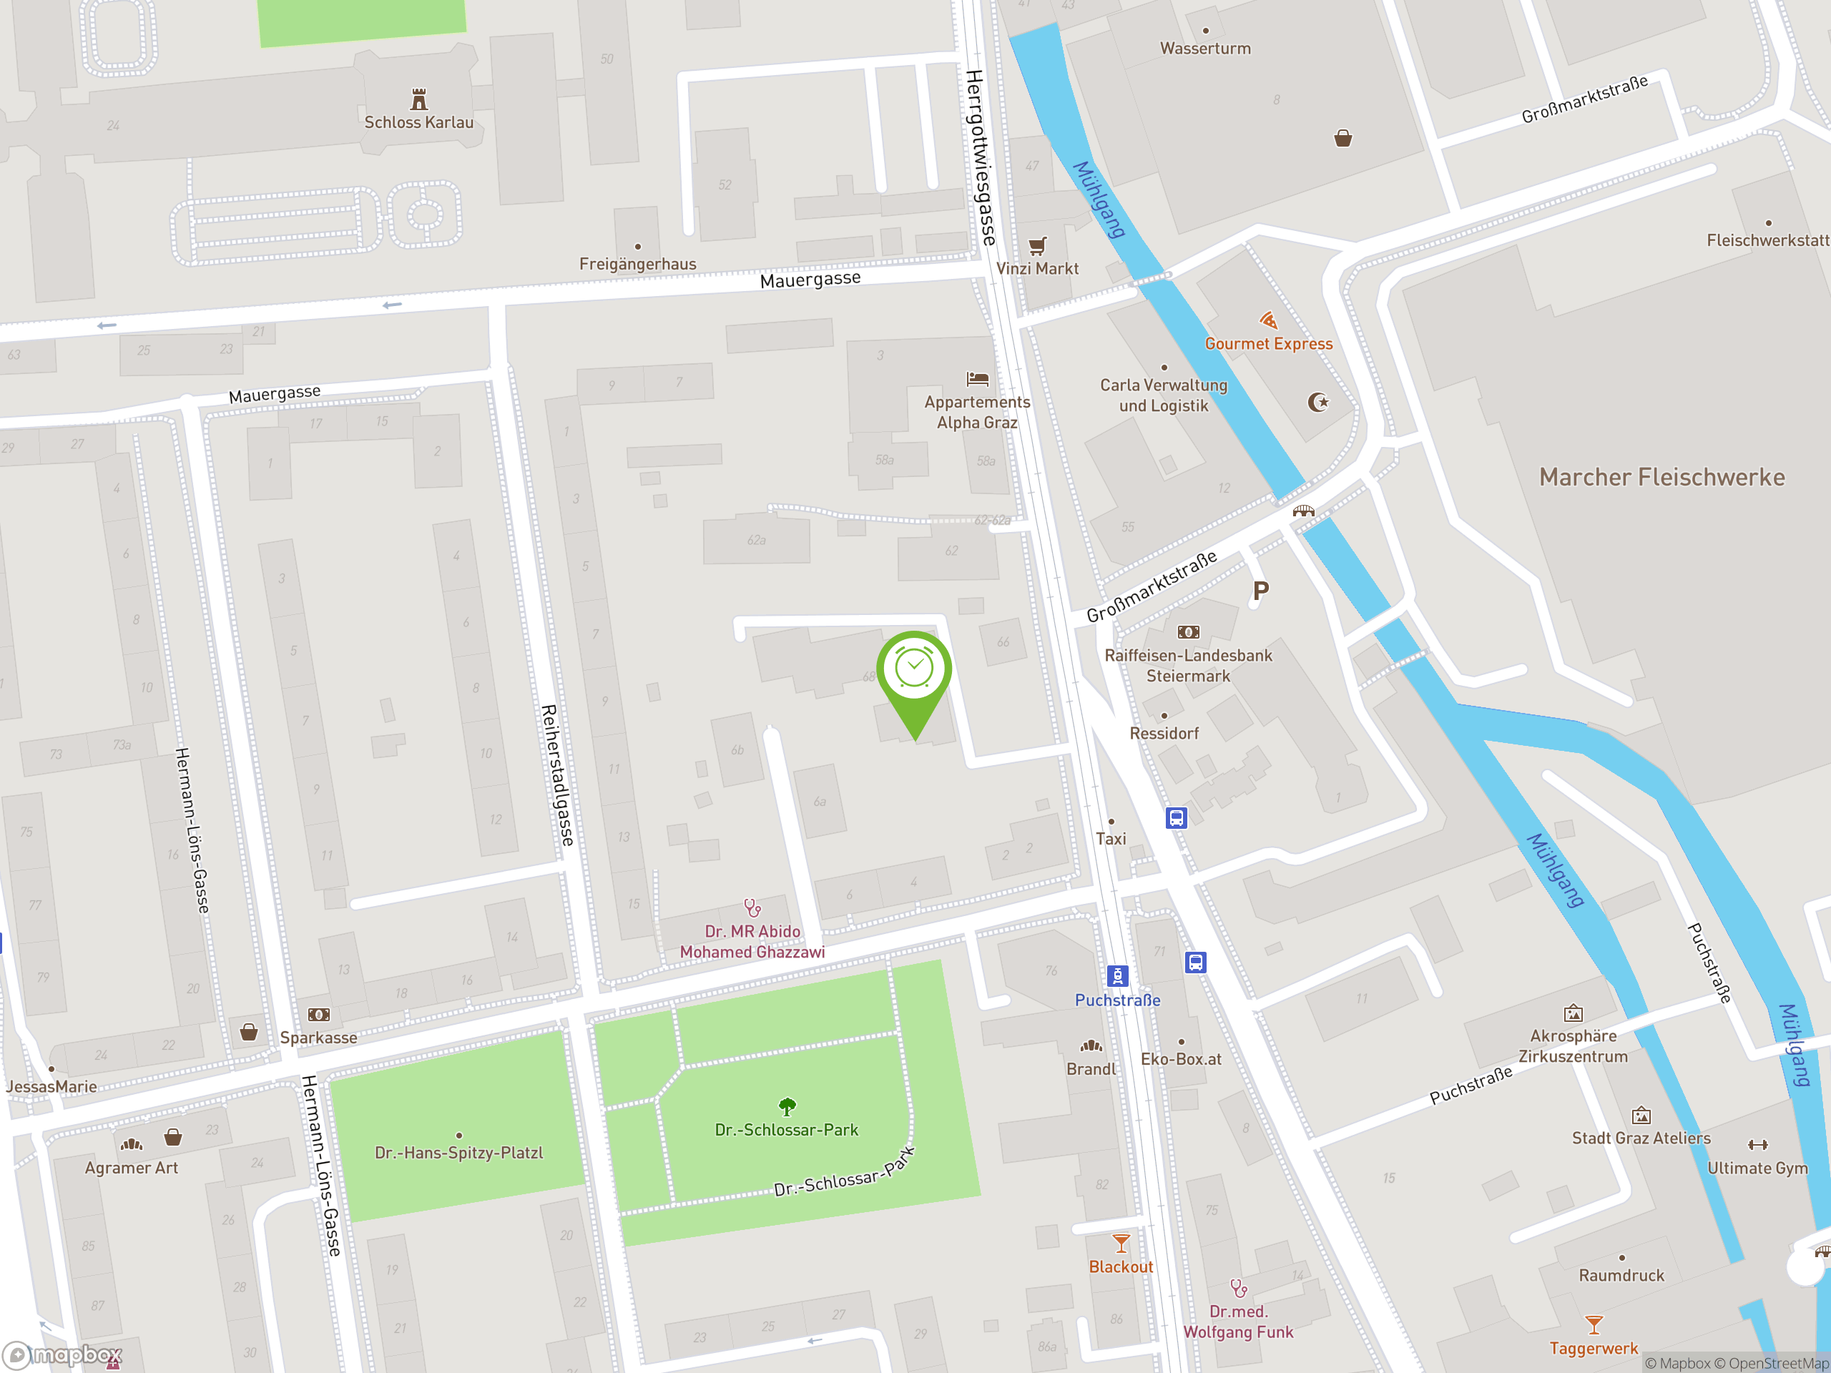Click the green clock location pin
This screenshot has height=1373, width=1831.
tap(914, 670)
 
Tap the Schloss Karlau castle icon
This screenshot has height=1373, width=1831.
tap(419, 100)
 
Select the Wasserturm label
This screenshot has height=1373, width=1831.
tap(1205, 49)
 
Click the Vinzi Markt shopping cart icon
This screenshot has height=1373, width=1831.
tap(1037, 246)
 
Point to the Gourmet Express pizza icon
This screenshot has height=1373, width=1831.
tap(1268, 320)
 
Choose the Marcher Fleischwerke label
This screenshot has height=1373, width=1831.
tap(1661, 478)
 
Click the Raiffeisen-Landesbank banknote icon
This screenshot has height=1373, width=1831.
tap(1188, 632)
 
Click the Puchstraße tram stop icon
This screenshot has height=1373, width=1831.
tap(1117, 975)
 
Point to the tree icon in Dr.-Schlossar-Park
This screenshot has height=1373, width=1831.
tap(787, 1106)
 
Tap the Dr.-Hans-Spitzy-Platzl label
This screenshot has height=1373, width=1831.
tap(458, 1153)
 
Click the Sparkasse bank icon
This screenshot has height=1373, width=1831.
tap(319, 1015)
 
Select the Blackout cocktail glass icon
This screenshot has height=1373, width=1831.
tap(1121, 1244)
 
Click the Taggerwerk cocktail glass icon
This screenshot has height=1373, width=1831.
tap(1594, 1325)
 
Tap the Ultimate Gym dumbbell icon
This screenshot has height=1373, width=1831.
tap(1757, 1145)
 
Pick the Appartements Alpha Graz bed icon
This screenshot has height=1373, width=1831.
tap(978, 379)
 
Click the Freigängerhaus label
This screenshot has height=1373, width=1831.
tap(637, 264)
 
